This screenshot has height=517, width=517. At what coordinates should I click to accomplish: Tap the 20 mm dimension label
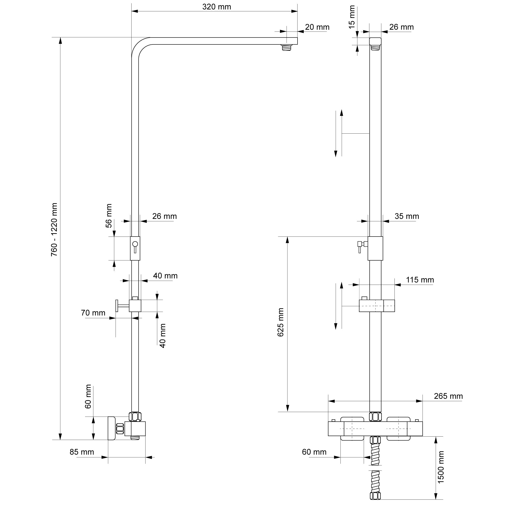pos(317,27)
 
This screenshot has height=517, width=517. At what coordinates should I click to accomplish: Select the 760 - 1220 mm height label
pos(54,229)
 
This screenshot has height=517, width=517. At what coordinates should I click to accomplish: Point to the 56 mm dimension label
pos(109,216)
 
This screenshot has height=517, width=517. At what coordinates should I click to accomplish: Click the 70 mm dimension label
pos(93,313)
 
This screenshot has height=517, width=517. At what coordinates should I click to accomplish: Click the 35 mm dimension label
pos(407,216)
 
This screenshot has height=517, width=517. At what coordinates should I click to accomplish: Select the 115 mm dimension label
pos(420,280)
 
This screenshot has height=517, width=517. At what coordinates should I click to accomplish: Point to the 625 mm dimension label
pos(280,322)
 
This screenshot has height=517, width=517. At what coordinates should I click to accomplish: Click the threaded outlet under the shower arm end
pos(287,48)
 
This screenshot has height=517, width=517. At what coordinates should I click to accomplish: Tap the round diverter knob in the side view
pos(135,244)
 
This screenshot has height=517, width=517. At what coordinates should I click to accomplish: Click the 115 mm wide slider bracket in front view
pos(377,306)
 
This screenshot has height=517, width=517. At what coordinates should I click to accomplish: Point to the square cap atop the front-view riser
pos(375,41)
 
